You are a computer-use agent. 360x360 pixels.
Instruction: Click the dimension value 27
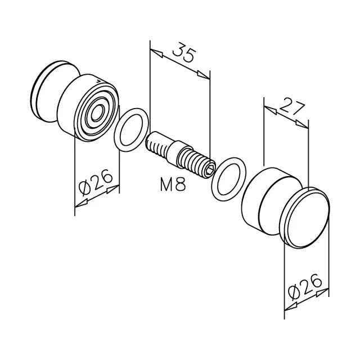(x=289, y=106)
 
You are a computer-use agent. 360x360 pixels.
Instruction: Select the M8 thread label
(x=173, y=184)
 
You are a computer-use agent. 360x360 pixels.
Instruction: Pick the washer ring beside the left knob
(x=132, y=130)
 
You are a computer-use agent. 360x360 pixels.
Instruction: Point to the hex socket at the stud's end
(x=210, y=165)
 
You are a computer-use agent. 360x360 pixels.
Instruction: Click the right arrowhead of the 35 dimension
(x=203, y=74)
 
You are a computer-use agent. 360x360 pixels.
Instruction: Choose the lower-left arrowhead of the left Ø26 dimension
(x=80, y=203)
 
